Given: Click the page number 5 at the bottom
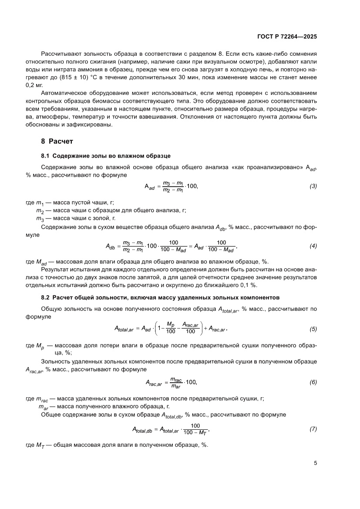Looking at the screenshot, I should click(315, 463).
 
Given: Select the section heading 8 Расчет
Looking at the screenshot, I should click(57, 141).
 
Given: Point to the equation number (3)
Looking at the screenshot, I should click(313, 186).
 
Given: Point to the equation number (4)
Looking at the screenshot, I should click(313, 246).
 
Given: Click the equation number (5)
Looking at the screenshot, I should click(313, 328).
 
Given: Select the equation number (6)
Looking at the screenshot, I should click(313, 383).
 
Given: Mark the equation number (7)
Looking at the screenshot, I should click(313, 429).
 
